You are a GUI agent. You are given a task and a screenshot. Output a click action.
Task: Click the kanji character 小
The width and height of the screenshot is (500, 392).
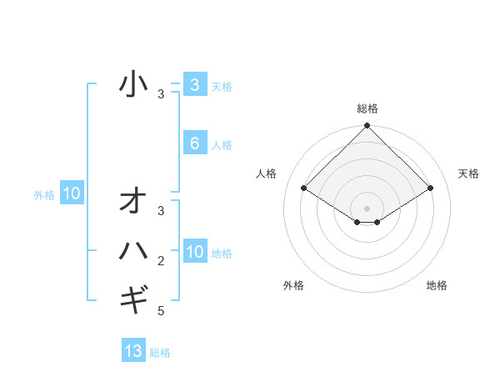click(133, 84)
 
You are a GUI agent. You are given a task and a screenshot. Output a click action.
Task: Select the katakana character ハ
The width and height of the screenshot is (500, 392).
click(133, 249)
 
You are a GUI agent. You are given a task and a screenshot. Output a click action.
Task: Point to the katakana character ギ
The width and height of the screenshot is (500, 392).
click(133, 297)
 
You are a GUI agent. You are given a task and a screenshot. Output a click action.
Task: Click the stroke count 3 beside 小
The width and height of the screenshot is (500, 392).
click(161, 94)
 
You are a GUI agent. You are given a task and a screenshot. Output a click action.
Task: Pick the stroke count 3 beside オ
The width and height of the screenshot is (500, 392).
click(161, 211)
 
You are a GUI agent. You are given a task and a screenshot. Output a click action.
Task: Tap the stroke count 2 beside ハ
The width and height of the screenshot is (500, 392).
click(161, 261)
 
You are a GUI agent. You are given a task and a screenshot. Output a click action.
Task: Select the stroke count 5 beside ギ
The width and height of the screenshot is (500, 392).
click(161, 311)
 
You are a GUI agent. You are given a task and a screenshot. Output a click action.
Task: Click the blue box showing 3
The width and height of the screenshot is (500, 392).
click(194, 84)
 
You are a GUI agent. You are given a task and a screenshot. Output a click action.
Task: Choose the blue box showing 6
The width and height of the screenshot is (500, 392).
click(194, 143)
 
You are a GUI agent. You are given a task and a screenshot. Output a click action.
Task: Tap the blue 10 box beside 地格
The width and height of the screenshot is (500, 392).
click(195, 252)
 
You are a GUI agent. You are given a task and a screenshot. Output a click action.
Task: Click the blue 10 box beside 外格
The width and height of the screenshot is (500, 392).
click(72, 194)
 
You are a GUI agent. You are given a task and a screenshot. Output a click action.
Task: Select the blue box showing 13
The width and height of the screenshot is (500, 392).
click(133, 351)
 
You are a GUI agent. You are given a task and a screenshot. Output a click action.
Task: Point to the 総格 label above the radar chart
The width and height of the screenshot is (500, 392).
click(367, 108)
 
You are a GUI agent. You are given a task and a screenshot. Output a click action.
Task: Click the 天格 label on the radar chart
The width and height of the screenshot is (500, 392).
click(468, 173)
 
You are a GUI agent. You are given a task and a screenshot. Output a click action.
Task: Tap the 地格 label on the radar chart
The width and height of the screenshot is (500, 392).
click(437, 285)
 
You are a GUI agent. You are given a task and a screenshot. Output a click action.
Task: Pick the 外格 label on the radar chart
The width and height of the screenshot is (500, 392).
click(293, 285)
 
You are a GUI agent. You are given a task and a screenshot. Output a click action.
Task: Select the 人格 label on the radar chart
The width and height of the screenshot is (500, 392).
click(266, 173)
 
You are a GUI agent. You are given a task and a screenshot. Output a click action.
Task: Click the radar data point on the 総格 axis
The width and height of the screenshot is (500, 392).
click(367, 126)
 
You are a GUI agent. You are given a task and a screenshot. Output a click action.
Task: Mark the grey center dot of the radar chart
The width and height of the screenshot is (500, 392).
click(367, 208)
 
